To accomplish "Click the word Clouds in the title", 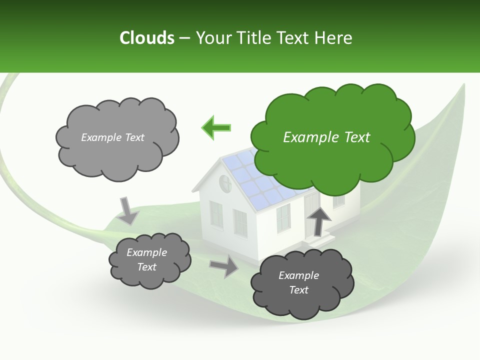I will [146, 38].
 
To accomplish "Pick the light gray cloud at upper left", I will [116, 137].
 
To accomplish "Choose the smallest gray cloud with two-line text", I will [148, 260].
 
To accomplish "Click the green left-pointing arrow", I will [216, 127].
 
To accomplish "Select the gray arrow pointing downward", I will [128, 210].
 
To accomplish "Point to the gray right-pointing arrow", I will [223, 266].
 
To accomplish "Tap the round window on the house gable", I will [225, 184].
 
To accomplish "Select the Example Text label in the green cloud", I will [326, 137].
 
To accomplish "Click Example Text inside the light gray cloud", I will [112, 137].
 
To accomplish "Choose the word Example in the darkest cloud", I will [298, 275].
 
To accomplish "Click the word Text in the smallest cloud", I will [147, 267].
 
